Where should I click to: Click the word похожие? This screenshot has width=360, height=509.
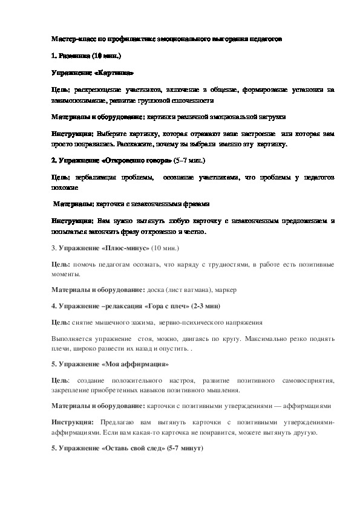(65, 188)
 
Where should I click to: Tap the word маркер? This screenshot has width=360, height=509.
(229, 290)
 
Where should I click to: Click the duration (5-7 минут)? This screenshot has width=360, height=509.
(185, 449)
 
